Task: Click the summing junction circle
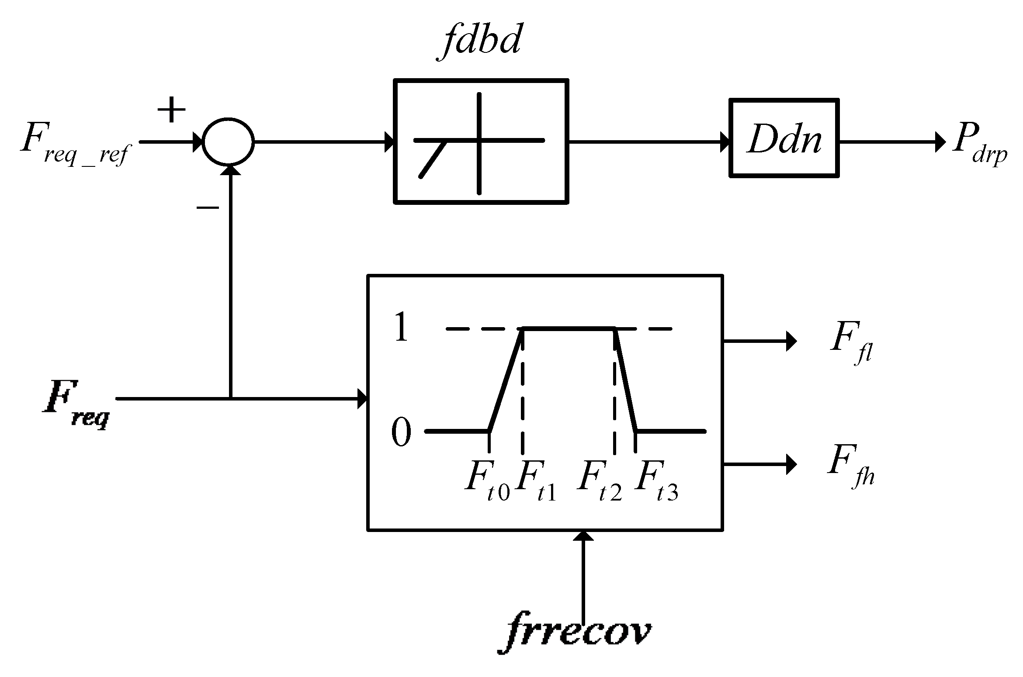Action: coord(228,142)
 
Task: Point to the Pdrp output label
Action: coord(979,145)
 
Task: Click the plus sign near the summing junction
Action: coord(171,109)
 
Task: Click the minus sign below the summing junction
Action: coord(207,208)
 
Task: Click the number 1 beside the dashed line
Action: coord(401,328)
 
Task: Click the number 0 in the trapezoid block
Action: coord(401,432)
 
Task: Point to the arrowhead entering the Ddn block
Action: coord(725,142)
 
